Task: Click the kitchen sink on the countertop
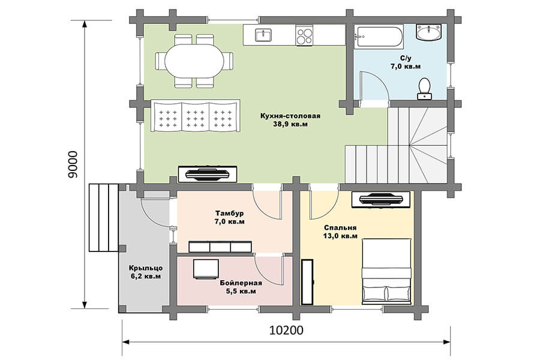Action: click(x=263, y=35)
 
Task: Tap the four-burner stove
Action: click(x=304, y=35)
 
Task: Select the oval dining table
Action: click(x=194, y=61)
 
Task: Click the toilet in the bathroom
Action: click(x=425, y=89)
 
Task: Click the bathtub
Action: click(x=379, y=37)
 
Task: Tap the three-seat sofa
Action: click(x=196, y=116)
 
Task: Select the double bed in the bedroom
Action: click(x=387, y=271)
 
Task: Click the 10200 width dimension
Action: click(x=286, y=330)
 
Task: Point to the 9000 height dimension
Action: click(x=73, y=164)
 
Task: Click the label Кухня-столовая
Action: click(x=290, y=116)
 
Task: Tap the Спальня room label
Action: click(x=340, y=228)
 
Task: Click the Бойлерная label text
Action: click(x=241, y=283)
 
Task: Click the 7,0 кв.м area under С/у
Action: click(x=406, y=66)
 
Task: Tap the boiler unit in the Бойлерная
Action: click(x=206, y=269)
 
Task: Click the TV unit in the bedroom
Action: click(x=381, y=199)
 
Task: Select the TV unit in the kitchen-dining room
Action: click(x=208, y=174)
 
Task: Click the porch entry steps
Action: click(x=104, y=218)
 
